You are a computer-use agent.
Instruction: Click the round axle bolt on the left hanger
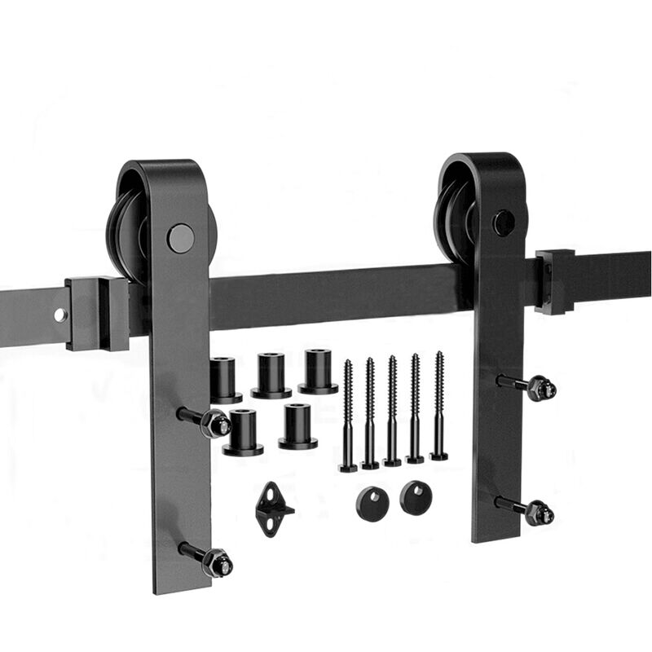pyautogui.click(x=181, y=238)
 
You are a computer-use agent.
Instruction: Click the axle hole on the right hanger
pyautogui.click(x=504, y=222)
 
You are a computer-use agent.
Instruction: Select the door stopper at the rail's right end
pyautogui.click(x=554, y=281)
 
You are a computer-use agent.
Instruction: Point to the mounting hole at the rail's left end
pyautogui.click(x=60, y=314)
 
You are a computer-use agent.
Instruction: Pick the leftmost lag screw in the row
pyautogui.click(x=348, y=416)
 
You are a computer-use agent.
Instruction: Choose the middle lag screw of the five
pyautogui.click(x=393, y=411)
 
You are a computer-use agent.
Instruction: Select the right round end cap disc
pyautogui.click(x=416, y=497)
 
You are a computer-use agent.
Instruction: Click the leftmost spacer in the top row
pyautogui.click(x=225, y=380)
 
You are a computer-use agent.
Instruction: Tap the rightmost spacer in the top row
pyautogui.click(x=318, y=372)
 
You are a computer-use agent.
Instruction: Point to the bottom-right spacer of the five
pyautogui.click(x=297, y=426)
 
